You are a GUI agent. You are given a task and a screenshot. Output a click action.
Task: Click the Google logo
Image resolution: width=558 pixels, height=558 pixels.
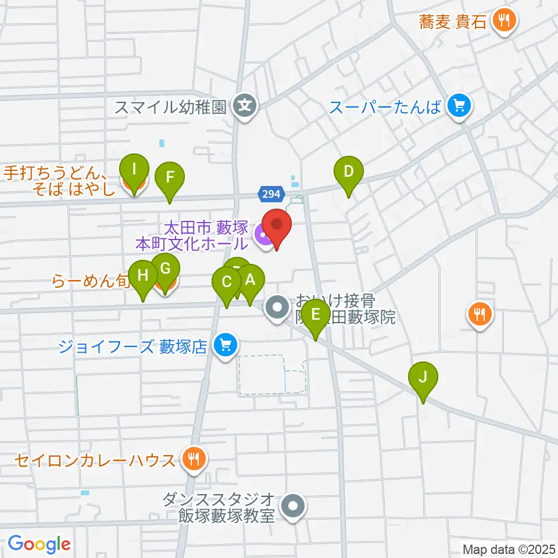pyautogui.click(x=39, y=544)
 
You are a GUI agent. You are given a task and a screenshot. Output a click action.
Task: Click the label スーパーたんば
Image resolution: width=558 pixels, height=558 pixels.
pyautogui.click(x=385, y=107)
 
